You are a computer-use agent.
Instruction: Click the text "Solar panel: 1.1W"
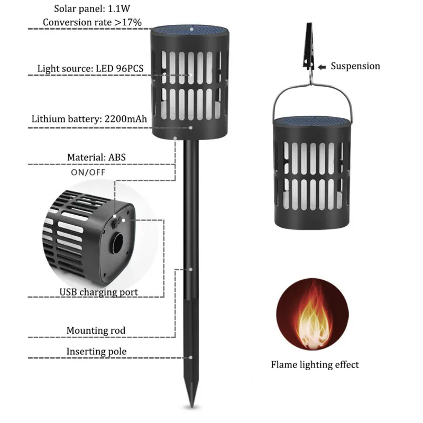[92, 8]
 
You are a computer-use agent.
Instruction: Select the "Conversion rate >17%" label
[92, 22]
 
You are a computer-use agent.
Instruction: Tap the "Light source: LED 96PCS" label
[90, 69]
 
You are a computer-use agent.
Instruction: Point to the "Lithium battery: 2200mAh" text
[89, 119]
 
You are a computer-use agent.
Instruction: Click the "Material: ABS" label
[96, 157]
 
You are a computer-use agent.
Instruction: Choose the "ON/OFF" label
[88, 172]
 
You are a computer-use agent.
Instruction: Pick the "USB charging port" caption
[98, 292]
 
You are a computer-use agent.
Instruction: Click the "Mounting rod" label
[96, 330]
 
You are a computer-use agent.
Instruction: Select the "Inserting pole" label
[96, 352]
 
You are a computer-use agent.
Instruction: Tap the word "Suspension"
[355, 66]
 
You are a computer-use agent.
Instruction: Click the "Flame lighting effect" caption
[315, 365]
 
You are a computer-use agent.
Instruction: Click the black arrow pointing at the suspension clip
[321, 67]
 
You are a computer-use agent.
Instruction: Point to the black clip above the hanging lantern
[309, 47]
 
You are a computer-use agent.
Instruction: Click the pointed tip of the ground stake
[191, 407]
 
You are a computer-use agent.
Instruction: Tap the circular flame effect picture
[312, 314]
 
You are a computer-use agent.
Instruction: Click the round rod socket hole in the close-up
[118, 243]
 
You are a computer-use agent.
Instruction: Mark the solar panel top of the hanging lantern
[312, 121]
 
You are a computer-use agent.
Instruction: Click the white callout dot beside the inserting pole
[191, 357]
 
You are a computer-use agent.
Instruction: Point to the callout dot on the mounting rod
[191, 270]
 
